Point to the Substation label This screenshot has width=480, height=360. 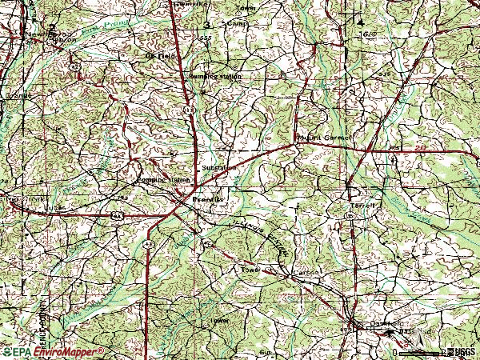click(219, 168)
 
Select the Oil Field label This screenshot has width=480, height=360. click(158, 56)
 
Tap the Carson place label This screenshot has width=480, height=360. click(306, 274)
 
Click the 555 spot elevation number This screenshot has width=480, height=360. click(206, 38)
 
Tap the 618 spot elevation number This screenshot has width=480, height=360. click(369, 35)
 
